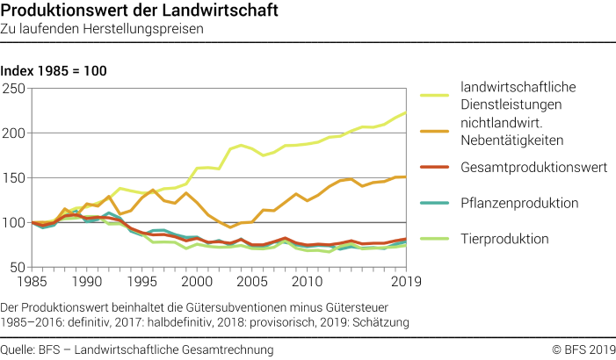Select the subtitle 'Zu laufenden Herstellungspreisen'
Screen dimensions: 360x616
(x=102, y=29)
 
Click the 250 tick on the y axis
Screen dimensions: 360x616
(x=14, y=89)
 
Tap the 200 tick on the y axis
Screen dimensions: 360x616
(x=14, y=133)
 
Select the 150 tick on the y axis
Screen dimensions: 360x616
(x=14, y=178)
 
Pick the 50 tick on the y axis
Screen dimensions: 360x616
(x=18, y=267)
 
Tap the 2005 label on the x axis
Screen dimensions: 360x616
(x=251, y=282)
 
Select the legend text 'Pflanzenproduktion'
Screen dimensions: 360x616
(x=518, y=203)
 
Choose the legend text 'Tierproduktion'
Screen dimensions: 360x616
(x=505, y=238)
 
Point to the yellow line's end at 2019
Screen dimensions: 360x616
(x=405, y=112)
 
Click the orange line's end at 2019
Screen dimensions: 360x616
(x=405, y=177)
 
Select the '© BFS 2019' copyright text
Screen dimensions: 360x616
(x=583, y=349)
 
